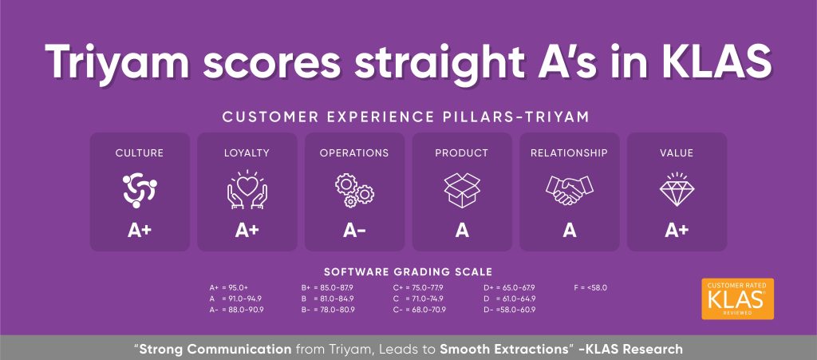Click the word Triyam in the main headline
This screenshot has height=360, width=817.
point(117,61)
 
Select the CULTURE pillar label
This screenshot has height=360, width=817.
point(140,153)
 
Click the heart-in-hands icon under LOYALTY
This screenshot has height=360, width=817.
point(247,190)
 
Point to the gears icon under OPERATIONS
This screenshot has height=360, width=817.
point(354,191)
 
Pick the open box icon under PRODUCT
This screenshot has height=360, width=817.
point(462,190)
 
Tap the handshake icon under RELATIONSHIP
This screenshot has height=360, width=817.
point(570,190)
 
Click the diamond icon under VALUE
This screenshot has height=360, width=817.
point(677,190)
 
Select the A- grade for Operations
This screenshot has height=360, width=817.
point(354,230)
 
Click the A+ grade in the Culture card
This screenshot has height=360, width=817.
point(140,230)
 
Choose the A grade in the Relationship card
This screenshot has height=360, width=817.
point(570,230)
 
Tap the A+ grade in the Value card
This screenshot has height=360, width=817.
point(677,230)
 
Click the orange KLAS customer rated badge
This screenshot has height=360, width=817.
point(738,299)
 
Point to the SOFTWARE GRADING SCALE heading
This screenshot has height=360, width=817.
point(408,272)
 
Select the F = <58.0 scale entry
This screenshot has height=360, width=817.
point(590,287)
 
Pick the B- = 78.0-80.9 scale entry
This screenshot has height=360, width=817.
point(328,310)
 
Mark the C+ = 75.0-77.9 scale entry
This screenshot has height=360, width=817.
point(418,287)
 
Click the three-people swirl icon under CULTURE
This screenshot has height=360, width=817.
point(140,191)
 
